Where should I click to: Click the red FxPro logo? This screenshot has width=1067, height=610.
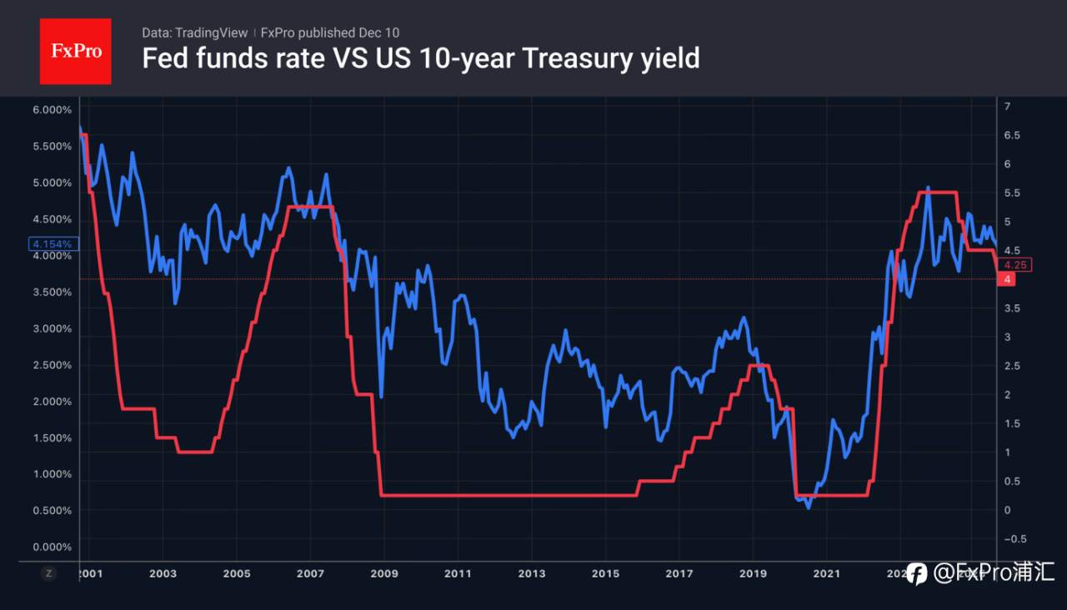tap(75, 51)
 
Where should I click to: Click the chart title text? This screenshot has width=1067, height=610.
tap(420, 58)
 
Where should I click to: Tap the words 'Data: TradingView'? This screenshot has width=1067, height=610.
tap(194, 32)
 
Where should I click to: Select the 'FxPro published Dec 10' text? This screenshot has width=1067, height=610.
tap(330, 32)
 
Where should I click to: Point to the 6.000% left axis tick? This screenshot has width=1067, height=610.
tap(52, 110)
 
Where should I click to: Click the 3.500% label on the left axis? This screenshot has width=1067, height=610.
tap(52, 292)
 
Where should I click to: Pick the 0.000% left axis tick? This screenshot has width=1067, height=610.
tap(52, 547)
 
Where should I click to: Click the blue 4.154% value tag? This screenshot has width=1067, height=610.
tap(54, 244)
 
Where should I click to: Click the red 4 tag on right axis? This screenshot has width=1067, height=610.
tap(1008, 279)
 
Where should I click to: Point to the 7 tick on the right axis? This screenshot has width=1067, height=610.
tap(1008, 107)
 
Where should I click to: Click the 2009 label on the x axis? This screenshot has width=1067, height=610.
tap(383, 573)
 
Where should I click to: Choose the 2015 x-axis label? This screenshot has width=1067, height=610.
tap(605, 573)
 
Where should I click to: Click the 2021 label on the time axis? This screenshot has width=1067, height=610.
tap(826, 573)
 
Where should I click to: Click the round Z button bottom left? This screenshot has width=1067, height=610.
tap(49, 573)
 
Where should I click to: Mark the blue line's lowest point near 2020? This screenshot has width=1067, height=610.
tap(807, 507)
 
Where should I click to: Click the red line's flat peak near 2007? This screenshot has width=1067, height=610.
tap(310, 207)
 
